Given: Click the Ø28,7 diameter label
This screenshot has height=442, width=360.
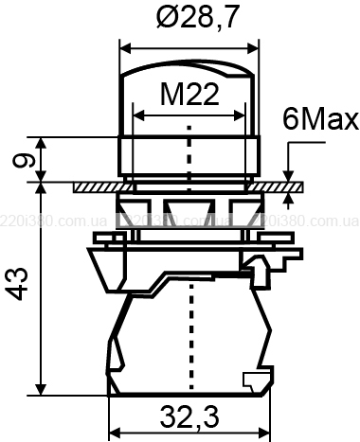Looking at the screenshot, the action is tap(196, 16).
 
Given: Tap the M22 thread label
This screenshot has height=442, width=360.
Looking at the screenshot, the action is tap(189, 94).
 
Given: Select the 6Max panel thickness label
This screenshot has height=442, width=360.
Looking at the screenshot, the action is tap(320, 119).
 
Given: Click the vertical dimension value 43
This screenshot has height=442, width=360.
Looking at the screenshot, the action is tap(18, 284).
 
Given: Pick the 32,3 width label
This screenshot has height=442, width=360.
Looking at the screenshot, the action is tap(189, 416).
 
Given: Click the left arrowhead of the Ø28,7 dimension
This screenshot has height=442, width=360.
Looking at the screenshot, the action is tap(126, 49).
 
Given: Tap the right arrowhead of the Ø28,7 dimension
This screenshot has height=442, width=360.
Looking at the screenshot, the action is tap(253, 49).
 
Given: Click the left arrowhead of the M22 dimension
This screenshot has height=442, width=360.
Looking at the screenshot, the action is tap(139, 115).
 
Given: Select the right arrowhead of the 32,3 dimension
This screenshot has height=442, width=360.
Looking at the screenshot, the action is tap(265, 433).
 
